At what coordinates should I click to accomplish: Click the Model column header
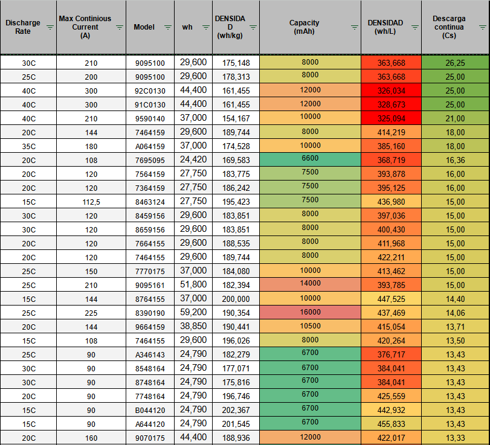click(144, 27)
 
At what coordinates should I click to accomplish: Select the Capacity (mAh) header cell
click(304, 27)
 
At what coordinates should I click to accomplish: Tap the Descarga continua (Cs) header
click(449, 27)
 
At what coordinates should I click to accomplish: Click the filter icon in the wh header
click(205, 27)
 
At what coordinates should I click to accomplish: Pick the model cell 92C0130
click(150, 91)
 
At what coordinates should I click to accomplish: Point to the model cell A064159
click(150, 146)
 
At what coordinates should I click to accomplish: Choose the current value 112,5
click(91, 202)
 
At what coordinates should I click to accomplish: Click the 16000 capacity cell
click(310, 312)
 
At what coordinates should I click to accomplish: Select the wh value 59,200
click(193, 312)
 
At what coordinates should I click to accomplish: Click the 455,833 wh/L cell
click(391, 423)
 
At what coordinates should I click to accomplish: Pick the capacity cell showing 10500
click(310, 326)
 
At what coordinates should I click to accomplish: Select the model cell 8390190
click(150, 313)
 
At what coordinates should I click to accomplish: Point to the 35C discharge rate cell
click(28, 146)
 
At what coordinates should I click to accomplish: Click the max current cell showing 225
click(91, 313)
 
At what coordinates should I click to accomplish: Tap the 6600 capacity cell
click(310, 160)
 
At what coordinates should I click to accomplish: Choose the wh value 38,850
click(193, 326)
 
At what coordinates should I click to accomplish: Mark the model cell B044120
click(150, 409)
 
